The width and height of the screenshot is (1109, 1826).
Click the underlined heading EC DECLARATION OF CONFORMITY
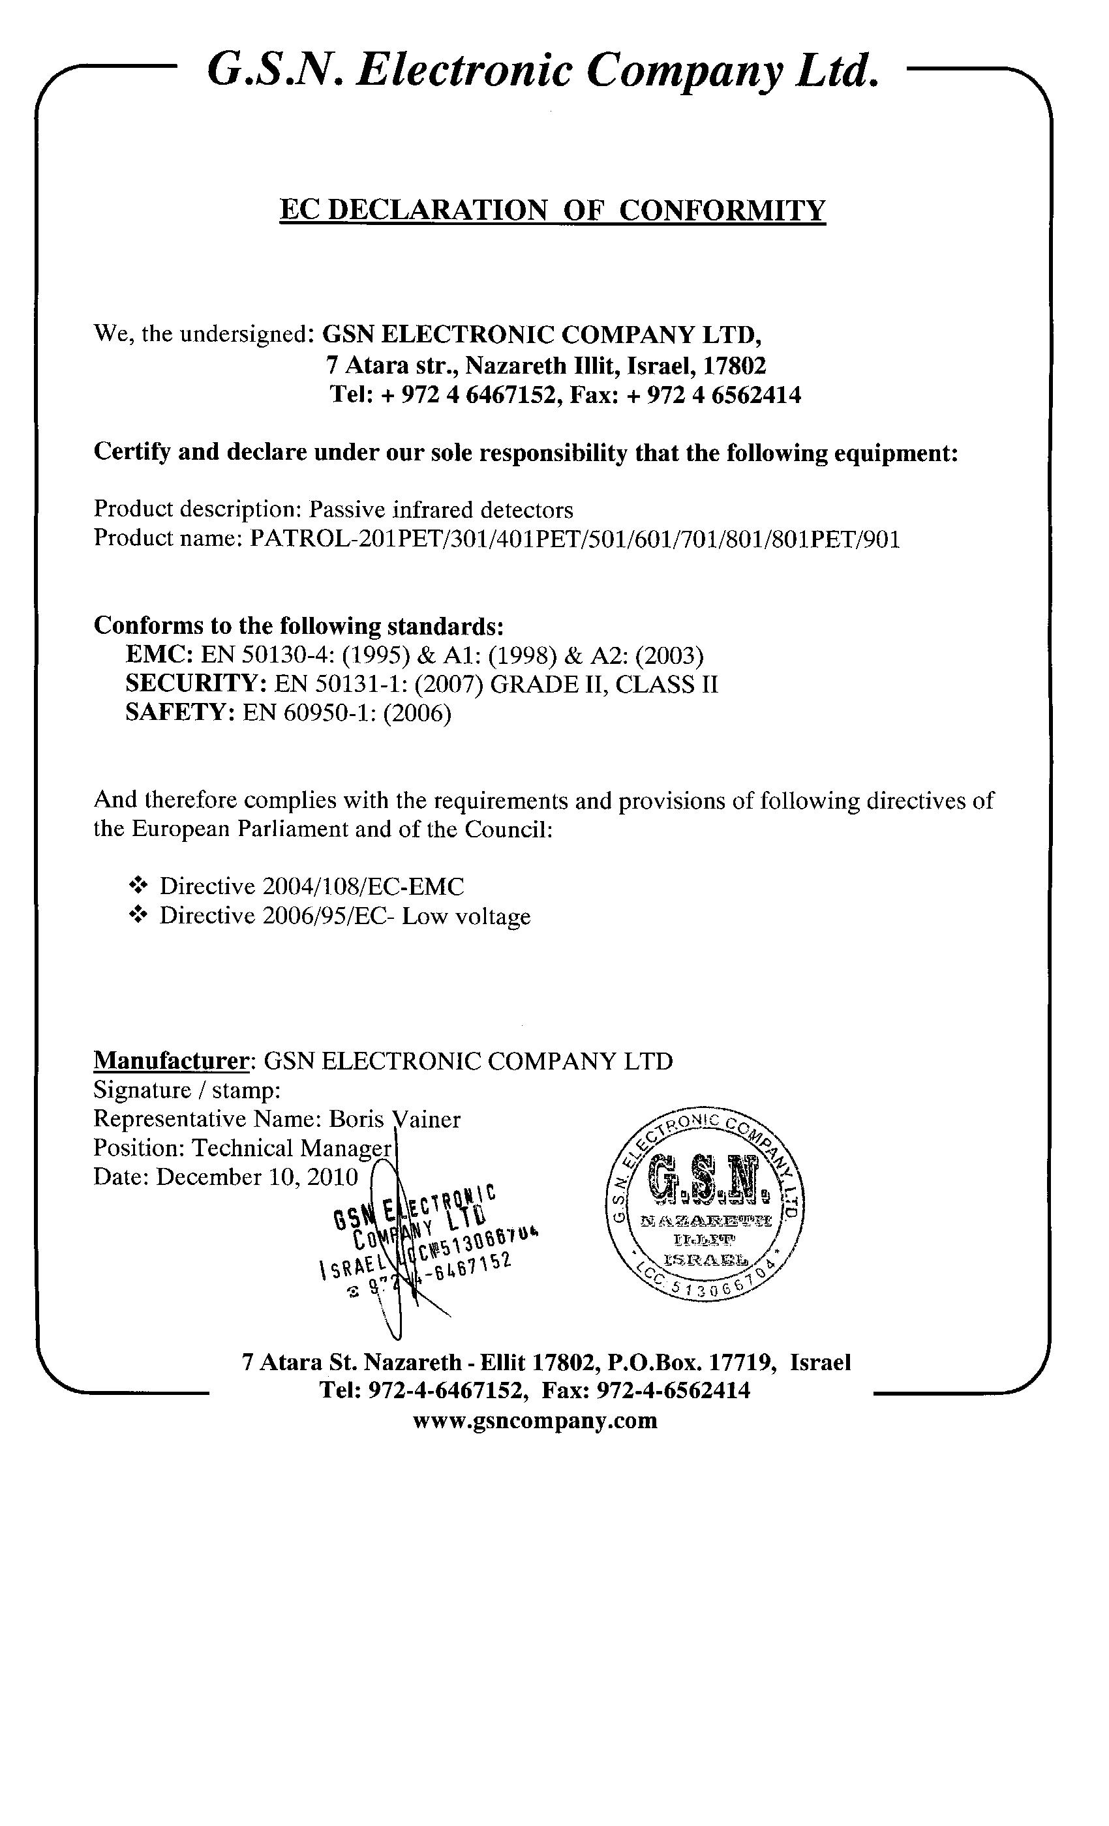coord(553,211)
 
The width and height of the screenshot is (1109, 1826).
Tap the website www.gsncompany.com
coord(534,1420)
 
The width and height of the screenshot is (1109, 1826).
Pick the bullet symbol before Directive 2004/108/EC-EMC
coord(138,885)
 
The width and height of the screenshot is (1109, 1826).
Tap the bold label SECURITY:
coord(196,683)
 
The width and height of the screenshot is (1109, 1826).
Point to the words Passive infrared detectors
coord(440,510)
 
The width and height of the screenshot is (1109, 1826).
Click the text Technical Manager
coord(292,1148)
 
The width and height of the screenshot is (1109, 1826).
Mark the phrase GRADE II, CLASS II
coord(604,683)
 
